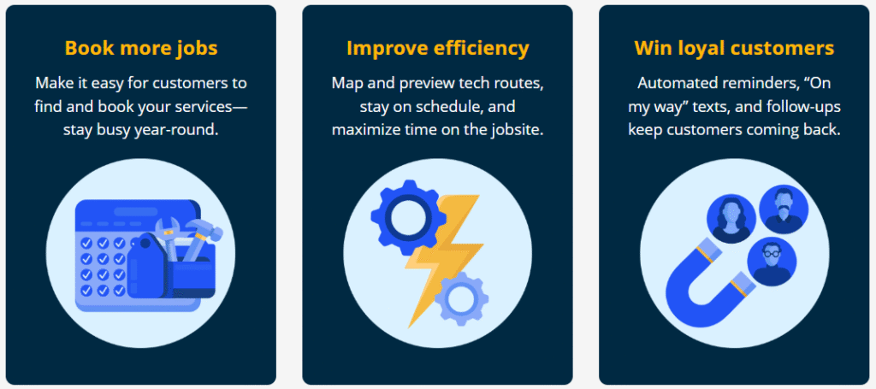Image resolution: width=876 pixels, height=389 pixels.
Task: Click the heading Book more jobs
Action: [x=141, y=48]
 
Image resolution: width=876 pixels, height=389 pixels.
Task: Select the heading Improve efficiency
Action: [x=437, y=48]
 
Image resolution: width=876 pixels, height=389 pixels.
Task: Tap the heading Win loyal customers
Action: [x=734, y=48]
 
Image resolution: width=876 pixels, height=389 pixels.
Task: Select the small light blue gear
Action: [x=461, y=300]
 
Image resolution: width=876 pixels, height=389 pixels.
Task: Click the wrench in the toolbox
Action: [x=169, y=234]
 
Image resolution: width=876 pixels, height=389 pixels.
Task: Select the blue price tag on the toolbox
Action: [x=147, y=266]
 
